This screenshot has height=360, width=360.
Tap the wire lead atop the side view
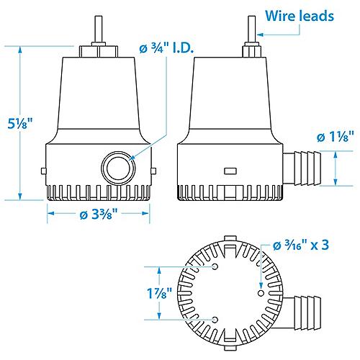click(x=248, y=29)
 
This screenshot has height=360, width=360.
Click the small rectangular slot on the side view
click(x=232, y=170)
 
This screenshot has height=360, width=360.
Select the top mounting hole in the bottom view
click(x=216, y=266)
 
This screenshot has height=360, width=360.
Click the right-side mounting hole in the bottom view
click(x=261, y=292)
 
